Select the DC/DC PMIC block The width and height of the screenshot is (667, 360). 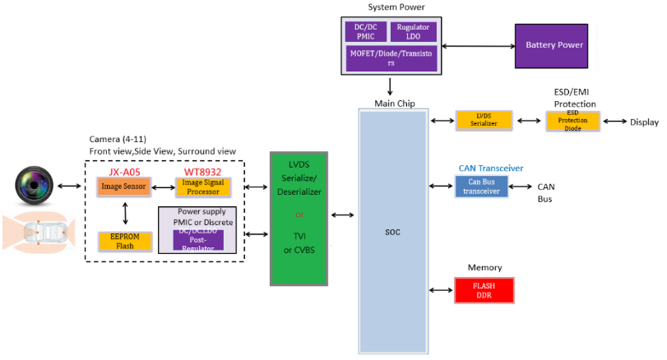pos(365,32)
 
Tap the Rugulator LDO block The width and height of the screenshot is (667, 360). pos(414,32)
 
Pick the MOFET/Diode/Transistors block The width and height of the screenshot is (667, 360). pos(390,57)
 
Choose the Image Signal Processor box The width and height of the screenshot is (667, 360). pos(201,187)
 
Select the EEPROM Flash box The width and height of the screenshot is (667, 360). pos(125,240)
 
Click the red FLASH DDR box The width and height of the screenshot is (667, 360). pos(484,291)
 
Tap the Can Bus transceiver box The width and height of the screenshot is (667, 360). pos(481,186)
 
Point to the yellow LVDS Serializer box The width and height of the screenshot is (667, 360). pos(484,120)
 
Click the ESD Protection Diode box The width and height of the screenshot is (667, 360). pos(573,120)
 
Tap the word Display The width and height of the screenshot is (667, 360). pos(645,122)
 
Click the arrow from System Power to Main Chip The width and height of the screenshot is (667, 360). pos(390,86)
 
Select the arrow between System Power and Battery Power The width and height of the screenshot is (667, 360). pos(478,44)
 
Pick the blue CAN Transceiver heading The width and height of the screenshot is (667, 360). pos(491,168)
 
